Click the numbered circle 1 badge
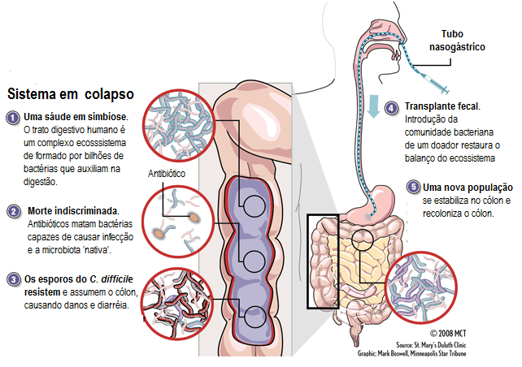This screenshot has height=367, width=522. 13,117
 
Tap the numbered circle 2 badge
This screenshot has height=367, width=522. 13,211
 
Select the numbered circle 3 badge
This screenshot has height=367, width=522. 13,279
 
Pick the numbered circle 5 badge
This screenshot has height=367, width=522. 413,187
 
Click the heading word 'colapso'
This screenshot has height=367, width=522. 102,93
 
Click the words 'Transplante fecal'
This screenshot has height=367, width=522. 443,106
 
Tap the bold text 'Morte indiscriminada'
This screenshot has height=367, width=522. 73,211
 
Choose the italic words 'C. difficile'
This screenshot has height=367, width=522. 113,279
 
